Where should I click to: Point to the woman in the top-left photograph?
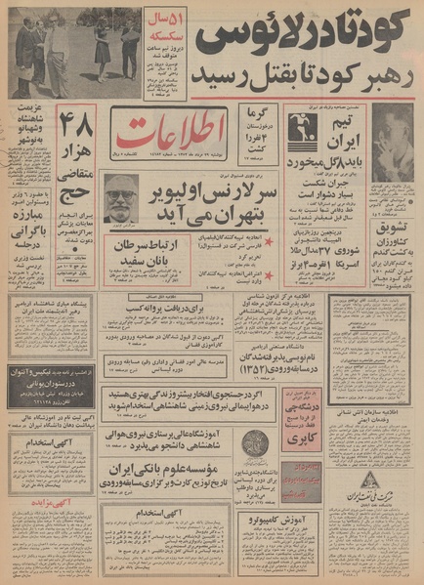pyautogui.click(x=103, y=49)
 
